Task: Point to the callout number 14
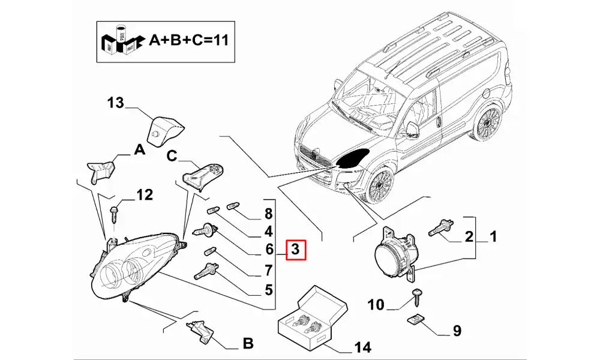(362, 347)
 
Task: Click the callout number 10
(376, 305)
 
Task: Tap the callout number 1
(493, 237)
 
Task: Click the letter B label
(247, 344)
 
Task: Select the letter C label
(172, 157)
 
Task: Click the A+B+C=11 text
(188, 40)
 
